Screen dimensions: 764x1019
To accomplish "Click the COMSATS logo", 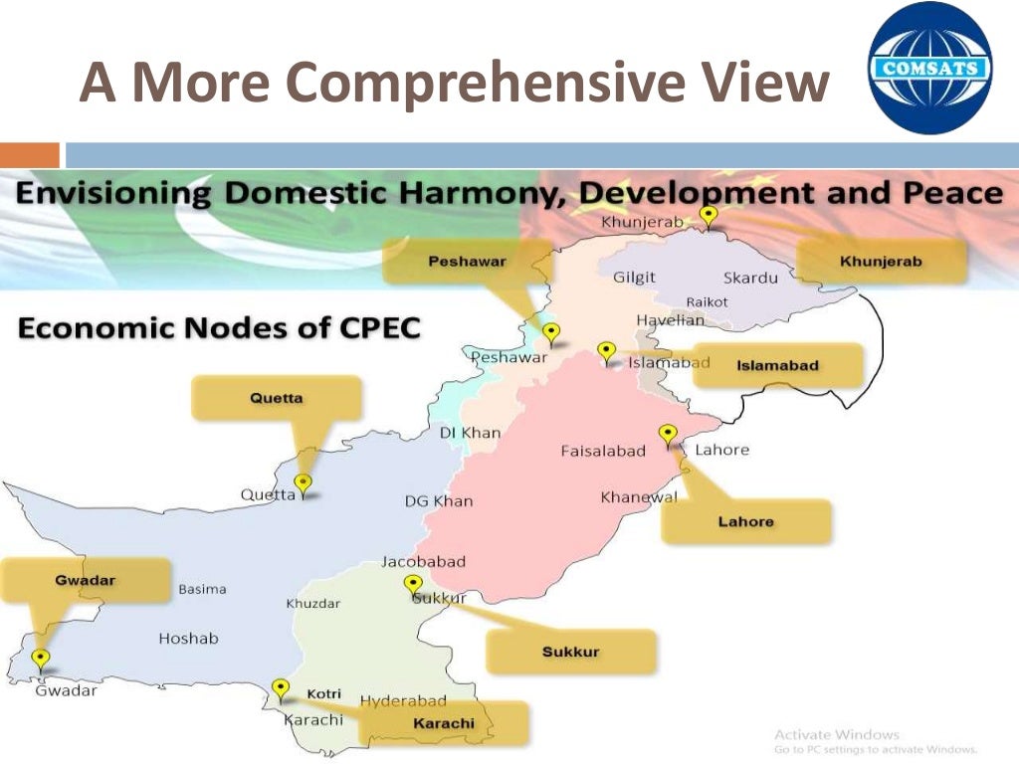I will pyautogui.click(x=929, y=68).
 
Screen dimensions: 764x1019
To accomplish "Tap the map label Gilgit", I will pyautogui.click(x=634, y=277).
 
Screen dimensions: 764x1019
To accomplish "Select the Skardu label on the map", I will pyautogui.click(x=750, y=278).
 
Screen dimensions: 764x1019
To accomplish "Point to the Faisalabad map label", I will pyautogui.click(x=603, y=451).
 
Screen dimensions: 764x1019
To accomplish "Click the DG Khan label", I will pyautogui.click(x=439, y=501).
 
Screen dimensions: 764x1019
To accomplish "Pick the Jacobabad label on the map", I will pyautogui.click(x=423, y=562).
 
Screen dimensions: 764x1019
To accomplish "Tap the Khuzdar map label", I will pyautogui.click(x=312, y=604).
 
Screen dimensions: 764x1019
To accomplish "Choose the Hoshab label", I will pyautogui.click(x=188, y=639).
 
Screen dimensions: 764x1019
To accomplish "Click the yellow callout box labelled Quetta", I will pyautogui.click(x=277, y=398).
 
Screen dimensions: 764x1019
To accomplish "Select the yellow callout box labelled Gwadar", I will pyautogui.click(x=86, y=581).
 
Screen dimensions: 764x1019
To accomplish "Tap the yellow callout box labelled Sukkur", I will pyautogui.click(x=571, y=653).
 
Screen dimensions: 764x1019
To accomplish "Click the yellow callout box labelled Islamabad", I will pyautogui.click(x=777, y=365).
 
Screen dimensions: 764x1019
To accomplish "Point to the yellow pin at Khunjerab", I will pyautogui.click(x=709, y=215).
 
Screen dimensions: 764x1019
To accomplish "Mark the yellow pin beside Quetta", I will pyautogui.click(x=304, y=484).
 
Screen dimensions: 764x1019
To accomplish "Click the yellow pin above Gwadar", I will pyautogui.click(x=41, y=658).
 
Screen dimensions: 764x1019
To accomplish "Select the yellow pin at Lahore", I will pyautogui.click(x=668, y=434).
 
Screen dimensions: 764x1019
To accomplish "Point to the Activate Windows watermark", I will pyautogui.click(x=836, y=735).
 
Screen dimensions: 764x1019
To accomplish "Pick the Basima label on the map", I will pyautogui.click(x=202, y=589).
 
